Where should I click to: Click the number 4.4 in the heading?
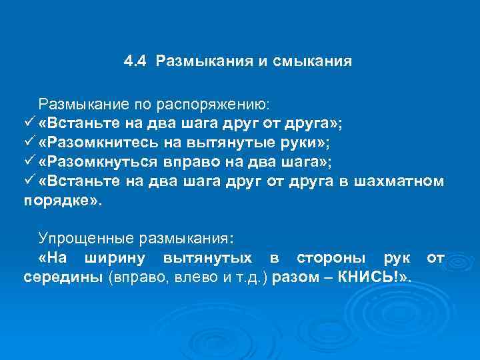point(135,62)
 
